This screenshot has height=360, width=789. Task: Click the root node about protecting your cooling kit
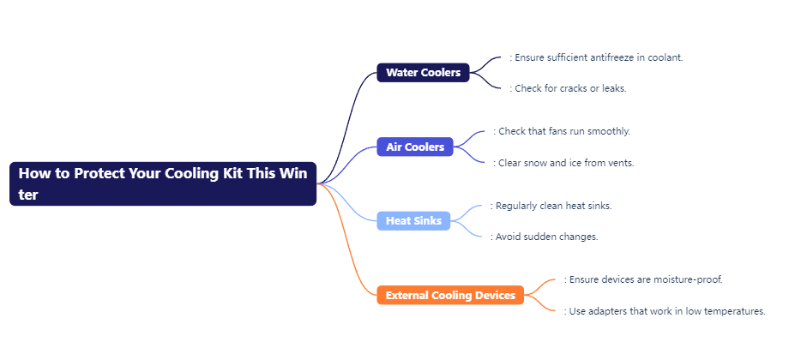pyautogui.click(x=163, y=183)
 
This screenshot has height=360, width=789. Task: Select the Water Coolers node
pyautogui.click(x=423, y=72)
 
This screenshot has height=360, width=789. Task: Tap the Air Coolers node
pyautogui.click(x=415, y=147)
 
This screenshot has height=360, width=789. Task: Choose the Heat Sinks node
pyautogui.click(x=413, y=221)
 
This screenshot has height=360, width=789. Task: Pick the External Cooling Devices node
pyautogui.click(x=450, y=295)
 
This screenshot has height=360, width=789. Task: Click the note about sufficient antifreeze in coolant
pyautogui.click(x=596, y=57)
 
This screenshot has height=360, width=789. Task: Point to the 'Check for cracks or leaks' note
pyautogui.click(x=568, y=88)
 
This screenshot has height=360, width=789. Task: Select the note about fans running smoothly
pyautogui.click(x=562, y=131)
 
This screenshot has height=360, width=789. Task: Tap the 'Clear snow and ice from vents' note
pyautogui.click(x=563, y=163)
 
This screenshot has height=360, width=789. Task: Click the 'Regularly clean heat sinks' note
pyautogui.click(x=551, y=206)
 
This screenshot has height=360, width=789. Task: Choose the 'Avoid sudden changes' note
pyautogui.click(x=545, y=237)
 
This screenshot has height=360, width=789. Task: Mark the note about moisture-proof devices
pyautogui.click(x=643, y=279)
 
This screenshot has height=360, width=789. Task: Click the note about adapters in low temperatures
pyautogui.click(x=665, y=311)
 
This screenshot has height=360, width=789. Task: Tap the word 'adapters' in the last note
pyautogui.click(x=607, y=312)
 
